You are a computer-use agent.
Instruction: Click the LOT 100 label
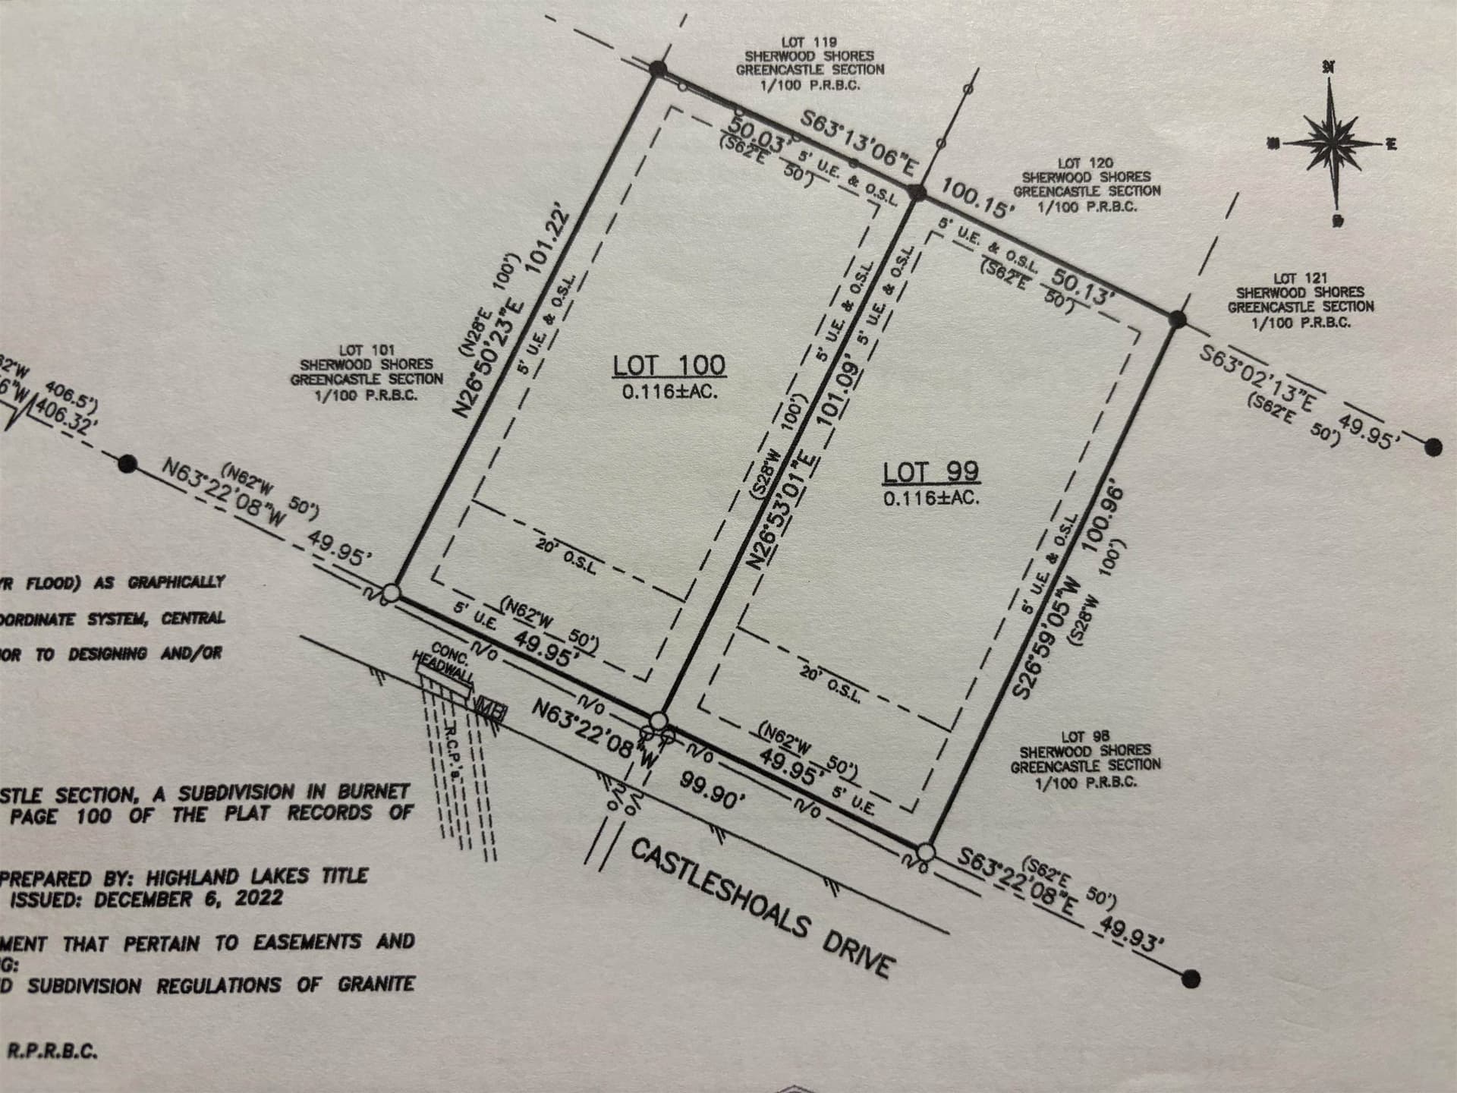pos(669,366)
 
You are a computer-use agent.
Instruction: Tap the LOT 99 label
pos(930,473)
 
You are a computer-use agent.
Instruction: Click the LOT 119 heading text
pos(810,43)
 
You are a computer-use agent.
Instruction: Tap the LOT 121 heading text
pos(1301,279)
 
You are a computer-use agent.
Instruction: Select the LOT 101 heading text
pos(367,351)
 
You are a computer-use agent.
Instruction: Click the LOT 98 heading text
pos(1085,736)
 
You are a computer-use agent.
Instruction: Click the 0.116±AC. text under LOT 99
pos(930,499)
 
